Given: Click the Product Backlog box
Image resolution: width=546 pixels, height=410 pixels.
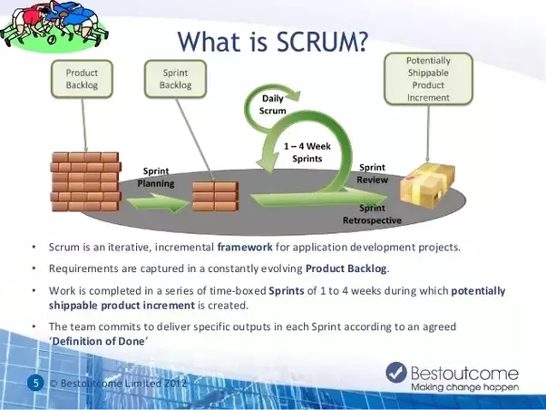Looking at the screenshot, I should [x=82, y=78].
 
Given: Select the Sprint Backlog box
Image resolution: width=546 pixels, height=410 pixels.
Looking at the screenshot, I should [x=176, y=78].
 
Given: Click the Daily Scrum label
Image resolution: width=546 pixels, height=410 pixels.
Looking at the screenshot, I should [x=274, y=104].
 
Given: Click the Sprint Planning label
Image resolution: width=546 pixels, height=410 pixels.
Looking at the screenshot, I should [x=155, y=177].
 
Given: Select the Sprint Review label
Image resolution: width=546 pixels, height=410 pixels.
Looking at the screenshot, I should [x=373, y=173].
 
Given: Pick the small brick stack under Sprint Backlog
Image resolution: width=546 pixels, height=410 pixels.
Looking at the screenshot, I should [x=215, y=193].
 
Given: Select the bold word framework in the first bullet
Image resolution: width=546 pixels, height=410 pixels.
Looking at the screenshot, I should [x=248, y=247].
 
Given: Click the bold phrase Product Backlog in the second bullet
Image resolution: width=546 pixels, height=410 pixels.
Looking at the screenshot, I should [x=346, y=268].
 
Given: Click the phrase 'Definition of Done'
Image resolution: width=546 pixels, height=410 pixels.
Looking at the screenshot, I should [x=98, y=339].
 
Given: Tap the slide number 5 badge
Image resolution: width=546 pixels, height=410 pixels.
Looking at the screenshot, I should [x=36, y=383].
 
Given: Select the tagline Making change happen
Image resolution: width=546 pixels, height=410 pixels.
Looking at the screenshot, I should [x=464, y=387].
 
